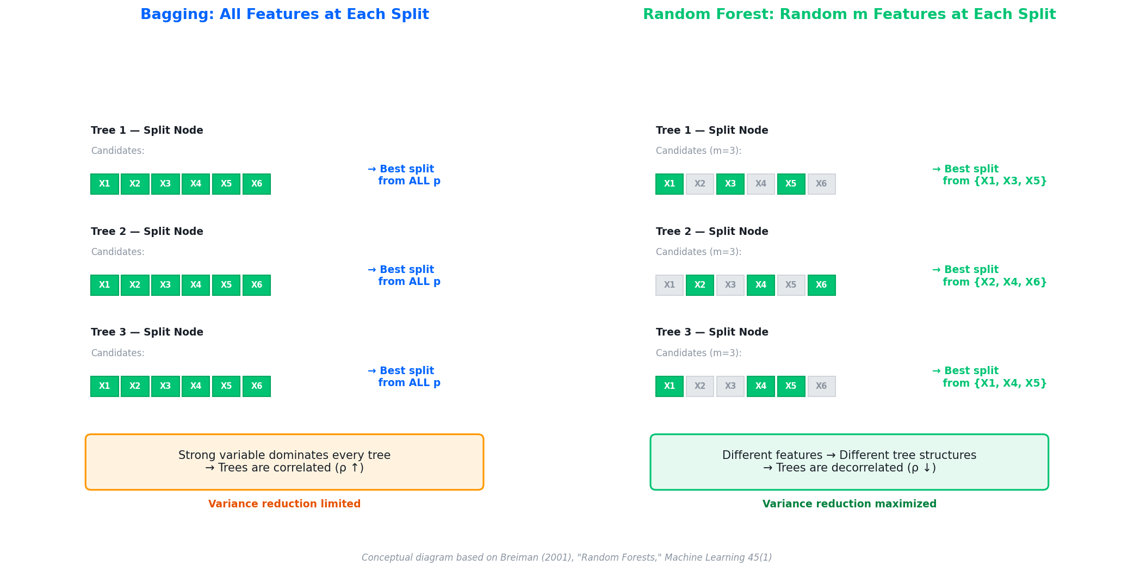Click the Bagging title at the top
point(284,15)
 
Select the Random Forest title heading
point(849,15)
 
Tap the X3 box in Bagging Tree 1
point(165,184)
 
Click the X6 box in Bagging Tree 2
point(257,285)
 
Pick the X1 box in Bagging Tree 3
point(104,386)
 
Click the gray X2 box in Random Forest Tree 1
point(700,184)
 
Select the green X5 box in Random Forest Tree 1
point(791,184)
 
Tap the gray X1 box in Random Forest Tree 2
point(670,285)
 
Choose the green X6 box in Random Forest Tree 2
point(822,285)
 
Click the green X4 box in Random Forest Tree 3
point(761,386)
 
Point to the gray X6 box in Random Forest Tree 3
point(822,386)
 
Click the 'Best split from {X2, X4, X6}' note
point(989,276)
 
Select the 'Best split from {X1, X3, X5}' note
point(989,175)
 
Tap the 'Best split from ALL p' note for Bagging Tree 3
point(404,377)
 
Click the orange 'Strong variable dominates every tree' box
point(284,462)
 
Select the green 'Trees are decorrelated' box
point(849,462)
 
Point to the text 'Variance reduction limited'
point(284,504)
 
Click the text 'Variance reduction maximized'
point(849,504)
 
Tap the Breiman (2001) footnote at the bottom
point(567,557)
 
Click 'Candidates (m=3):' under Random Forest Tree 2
point(698,252)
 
